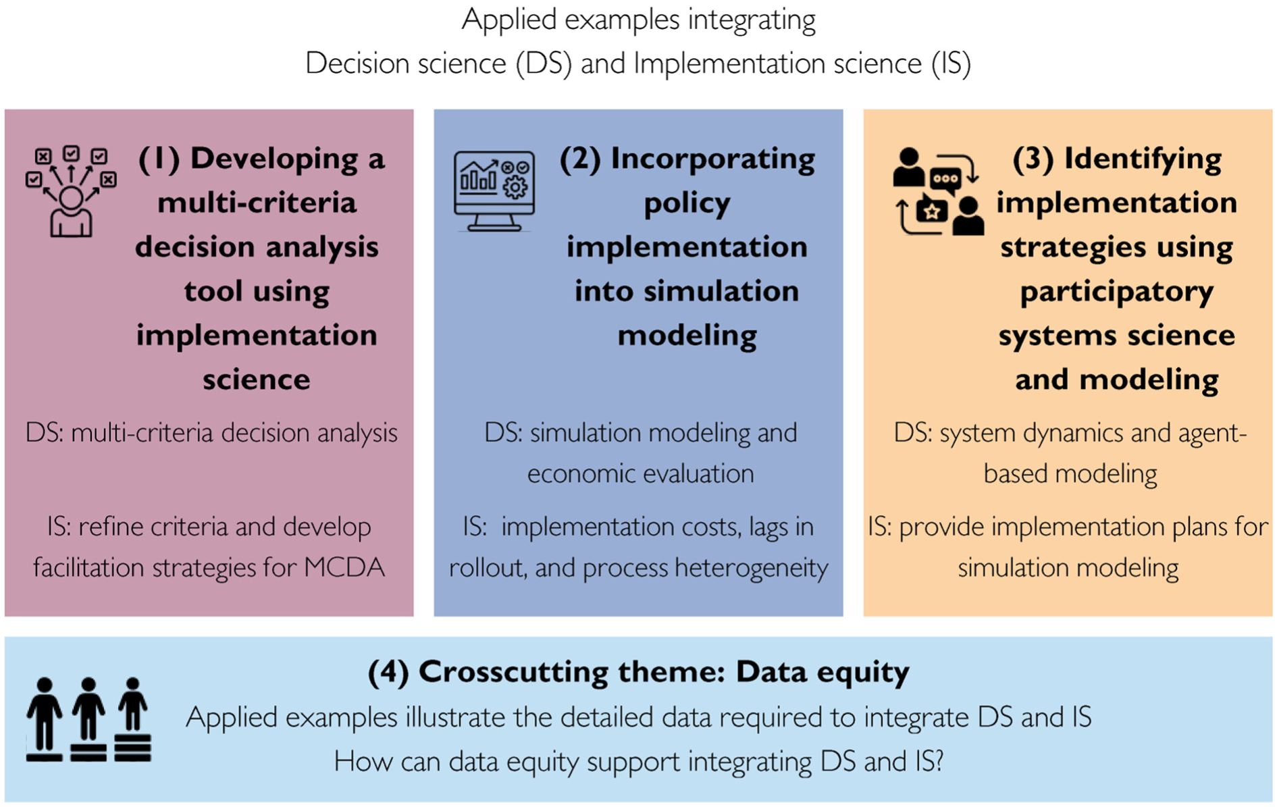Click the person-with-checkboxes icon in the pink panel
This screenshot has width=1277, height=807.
(x=71, y=191)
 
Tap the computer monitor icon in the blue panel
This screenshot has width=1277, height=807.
(x=494, y=191)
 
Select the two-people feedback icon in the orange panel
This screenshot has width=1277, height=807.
(x=938, y=191)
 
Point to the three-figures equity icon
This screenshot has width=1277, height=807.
(x=88, y=720)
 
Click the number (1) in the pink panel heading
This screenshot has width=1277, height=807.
(x=159, y=159)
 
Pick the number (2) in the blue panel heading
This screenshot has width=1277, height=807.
(x=580, y=159)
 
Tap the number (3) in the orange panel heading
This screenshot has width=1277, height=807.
(x=1033, y=159)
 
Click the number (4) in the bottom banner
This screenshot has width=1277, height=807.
(x=388, y=672)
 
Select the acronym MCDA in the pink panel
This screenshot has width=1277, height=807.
(x=344, y=568)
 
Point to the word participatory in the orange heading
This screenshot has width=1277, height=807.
(x=1116, y=292)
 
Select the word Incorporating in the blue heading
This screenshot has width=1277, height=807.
(x=712, y=159)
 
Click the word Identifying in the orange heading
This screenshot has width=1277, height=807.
(x=1143, y=159)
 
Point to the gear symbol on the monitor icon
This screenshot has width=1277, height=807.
(x=515, y=187)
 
